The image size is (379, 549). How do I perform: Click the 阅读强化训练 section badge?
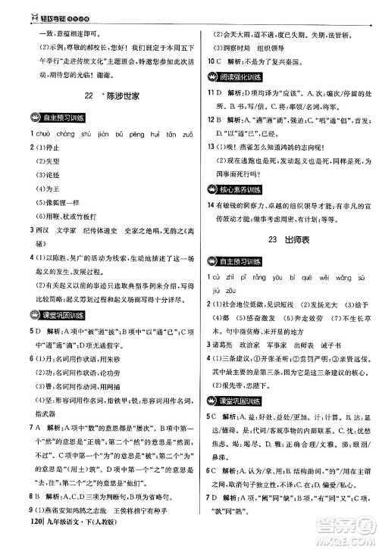point(235,77)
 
